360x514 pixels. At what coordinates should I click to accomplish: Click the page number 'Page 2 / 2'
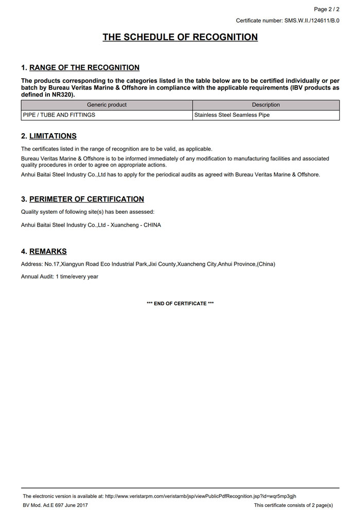327,9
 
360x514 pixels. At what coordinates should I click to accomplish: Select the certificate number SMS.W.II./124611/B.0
312,21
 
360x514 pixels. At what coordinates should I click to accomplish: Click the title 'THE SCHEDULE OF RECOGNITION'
180,37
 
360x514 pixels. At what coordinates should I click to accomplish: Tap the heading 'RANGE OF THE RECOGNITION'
84,67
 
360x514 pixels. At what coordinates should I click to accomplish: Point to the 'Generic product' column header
107,105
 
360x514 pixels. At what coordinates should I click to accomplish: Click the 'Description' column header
266,105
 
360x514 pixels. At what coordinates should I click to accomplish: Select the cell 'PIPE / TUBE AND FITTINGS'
59,115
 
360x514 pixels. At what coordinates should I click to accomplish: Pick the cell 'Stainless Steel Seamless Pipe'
232,115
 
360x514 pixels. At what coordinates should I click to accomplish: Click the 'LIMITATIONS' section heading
53,136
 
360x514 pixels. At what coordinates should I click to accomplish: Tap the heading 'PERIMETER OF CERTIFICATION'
86,199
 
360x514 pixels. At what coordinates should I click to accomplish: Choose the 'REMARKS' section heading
48,251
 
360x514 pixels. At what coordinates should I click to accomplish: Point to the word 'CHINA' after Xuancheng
152,225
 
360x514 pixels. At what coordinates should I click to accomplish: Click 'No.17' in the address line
52,264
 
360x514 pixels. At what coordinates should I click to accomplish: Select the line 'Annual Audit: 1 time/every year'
60,277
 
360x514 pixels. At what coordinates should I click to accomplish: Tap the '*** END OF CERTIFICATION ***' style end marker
180,304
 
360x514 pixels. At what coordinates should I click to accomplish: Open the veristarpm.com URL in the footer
201,496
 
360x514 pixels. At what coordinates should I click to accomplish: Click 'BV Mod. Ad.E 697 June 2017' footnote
55,505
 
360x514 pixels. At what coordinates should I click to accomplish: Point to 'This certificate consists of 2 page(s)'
293,505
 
